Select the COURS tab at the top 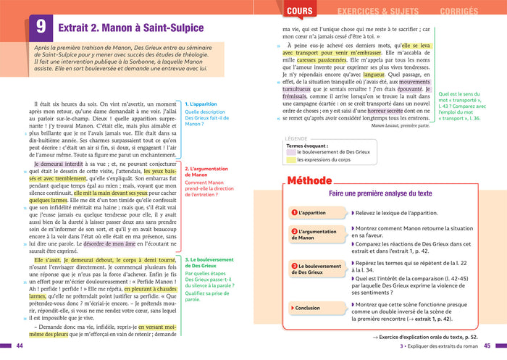[300, 11]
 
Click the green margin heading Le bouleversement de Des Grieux [209, 261]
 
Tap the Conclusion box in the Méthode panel [312, 308]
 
